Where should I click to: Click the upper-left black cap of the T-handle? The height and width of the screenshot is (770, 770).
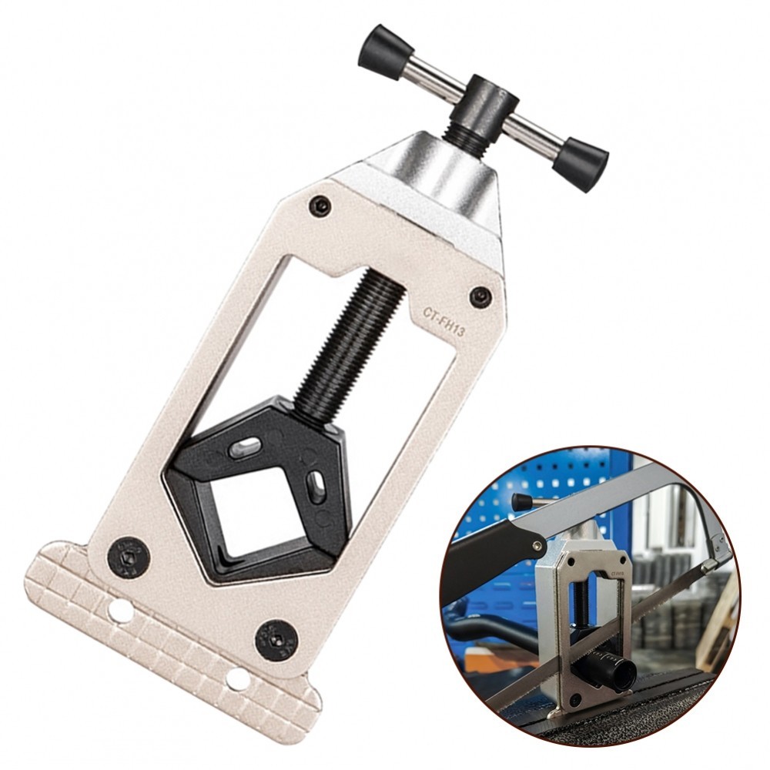coord(382,51)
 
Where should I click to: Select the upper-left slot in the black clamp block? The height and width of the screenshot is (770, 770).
coord(244,447)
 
